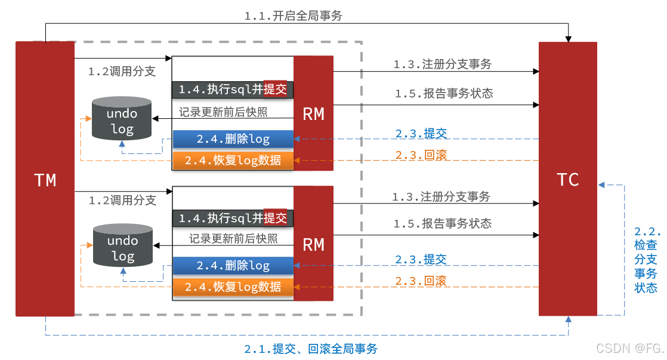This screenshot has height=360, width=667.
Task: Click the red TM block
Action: (45, 179)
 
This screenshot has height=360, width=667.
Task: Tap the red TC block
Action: (567, 179)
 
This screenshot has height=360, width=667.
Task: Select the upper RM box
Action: (313, 113)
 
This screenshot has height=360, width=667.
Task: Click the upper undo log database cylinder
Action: (122, 119)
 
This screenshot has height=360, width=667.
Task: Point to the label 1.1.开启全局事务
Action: (294, 16)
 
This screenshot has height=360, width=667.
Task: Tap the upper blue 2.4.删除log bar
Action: (233, 139)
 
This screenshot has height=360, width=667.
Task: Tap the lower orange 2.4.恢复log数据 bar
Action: (233, 287)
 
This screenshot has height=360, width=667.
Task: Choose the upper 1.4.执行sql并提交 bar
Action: (233, 90)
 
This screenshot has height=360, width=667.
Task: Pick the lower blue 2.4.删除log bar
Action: (233, 266)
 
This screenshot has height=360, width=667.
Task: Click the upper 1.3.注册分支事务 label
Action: (443, 64)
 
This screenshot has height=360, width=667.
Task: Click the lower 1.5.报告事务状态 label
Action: (443, 223)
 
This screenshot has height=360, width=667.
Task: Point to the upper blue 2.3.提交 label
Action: (421, 133)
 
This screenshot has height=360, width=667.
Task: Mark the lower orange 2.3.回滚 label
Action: (421, 281)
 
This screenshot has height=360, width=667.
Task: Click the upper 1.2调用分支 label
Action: (122, 72)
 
